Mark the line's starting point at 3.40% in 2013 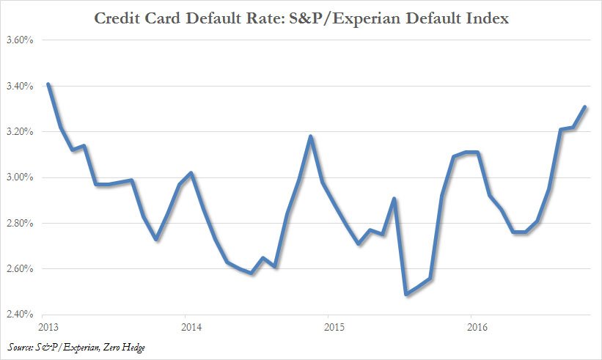click(x=48, y=84)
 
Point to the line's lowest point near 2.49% click(x=406, y=294)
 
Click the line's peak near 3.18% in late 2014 click(x=311, y=136)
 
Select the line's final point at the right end click(x=584, y=107)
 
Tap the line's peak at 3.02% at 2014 click(x=191, y=173)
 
